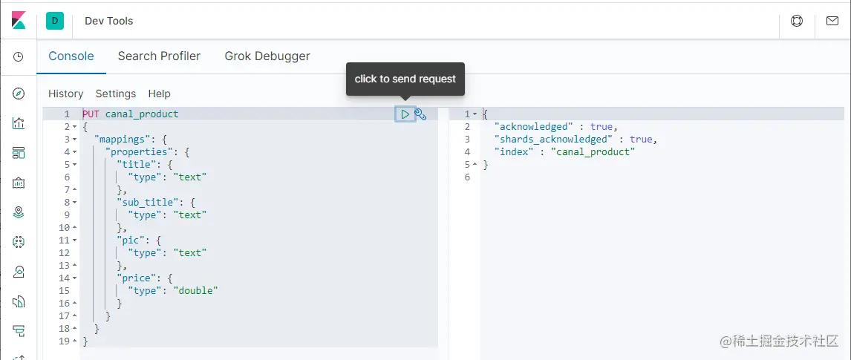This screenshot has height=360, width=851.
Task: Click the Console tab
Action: click(x=71, y=56)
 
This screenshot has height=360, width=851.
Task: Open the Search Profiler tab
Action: click(x=159, y=56)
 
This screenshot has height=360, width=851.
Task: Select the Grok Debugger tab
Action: click(x=267, y=56)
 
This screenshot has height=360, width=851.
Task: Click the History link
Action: click(x=65, y=94)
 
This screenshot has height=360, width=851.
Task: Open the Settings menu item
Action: click(x=116, y=94)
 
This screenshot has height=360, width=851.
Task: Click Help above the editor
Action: click(x=159, y=94)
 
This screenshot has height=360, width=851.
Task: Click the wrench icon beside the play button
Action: click(x=420, y=114)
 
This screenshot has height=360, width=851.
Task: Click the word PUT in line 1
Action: click(x=91, y=114)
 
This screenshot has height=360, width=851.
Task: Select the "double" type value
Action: click(x=195, y=291)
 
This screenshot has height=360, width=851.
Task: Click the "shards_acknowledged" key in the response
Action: click(x=552, y=140)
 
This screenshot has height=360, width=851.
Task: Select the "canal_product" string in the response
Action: click(x=593, y=152)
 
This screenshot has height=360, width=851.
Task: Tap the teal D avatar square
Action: click(x=55, y=21)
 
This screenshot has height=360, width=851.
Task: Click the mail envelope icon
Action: click(x=832, y=21)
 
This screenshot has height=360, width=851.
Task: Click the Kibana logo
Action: click(x=19, y=21)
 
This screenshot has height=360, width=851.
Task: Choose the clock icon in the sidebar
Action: click(x=19, y=56)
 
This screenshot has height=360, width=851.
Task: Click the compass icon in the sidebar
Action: click(x=19, y=94)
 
